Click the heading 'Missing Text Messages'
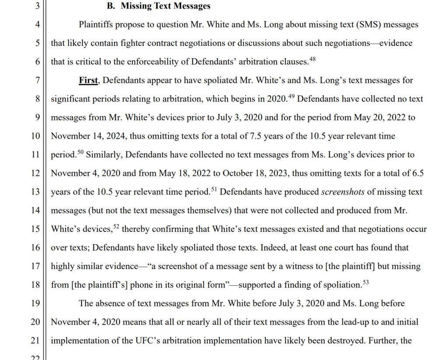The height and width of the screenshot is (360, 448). [165, 6]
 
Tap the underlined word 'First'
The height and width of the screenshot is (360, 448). [88, 80]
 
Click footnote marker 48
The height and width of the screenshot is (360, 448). [312, 59]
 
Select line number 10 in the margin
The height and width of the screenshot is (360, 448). [36, 136]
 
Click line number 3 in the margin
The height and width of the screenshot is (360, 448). [38, 6]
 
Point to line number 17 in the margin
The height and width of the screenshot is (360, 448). [36, 266]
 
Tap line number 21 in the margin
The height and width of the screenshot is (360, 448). [36, 340]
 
